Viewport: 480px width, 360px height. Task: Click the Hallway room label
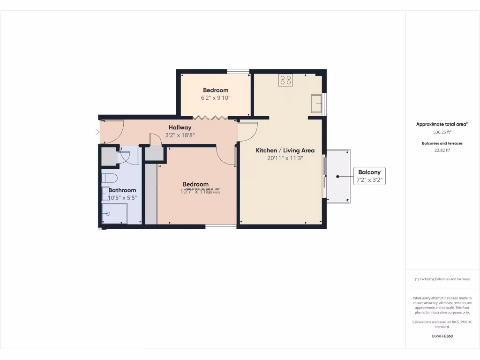click(180, 127)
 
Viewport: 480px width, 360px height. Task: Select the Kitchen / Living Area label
click(285, 150)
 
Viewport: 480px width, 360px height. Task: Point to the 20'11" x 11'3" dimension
click(285, 158)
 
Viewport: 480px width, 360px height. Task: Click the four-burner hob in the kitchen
click(285, 80)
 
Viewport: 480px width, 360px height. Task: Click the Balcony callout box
click(369, 176)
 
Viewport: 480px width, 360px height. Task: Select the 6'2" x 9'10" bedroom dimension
click(216, 98)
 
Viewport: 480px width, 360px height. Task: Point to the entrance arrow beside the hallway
click(97, 132)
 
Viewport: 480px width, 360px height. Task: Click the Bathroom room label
click(122, 190)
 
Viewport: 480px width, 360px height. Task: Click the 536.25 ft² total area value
click(442, 132)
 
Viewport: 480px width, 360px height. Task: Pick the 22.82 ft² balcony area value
click(442, 150)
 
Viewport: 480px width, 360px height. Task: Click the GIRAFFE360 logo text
click(442, 336)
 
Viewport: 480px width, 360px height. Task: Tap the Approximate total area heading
click(442, 124)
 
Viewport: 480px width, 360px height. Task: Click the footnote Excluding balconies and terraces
click(442, 279)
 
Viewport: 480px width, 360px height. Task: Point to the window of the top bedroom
click(238, 71)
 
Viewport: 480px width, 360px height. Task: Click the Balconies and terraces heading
click(442, 143)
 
